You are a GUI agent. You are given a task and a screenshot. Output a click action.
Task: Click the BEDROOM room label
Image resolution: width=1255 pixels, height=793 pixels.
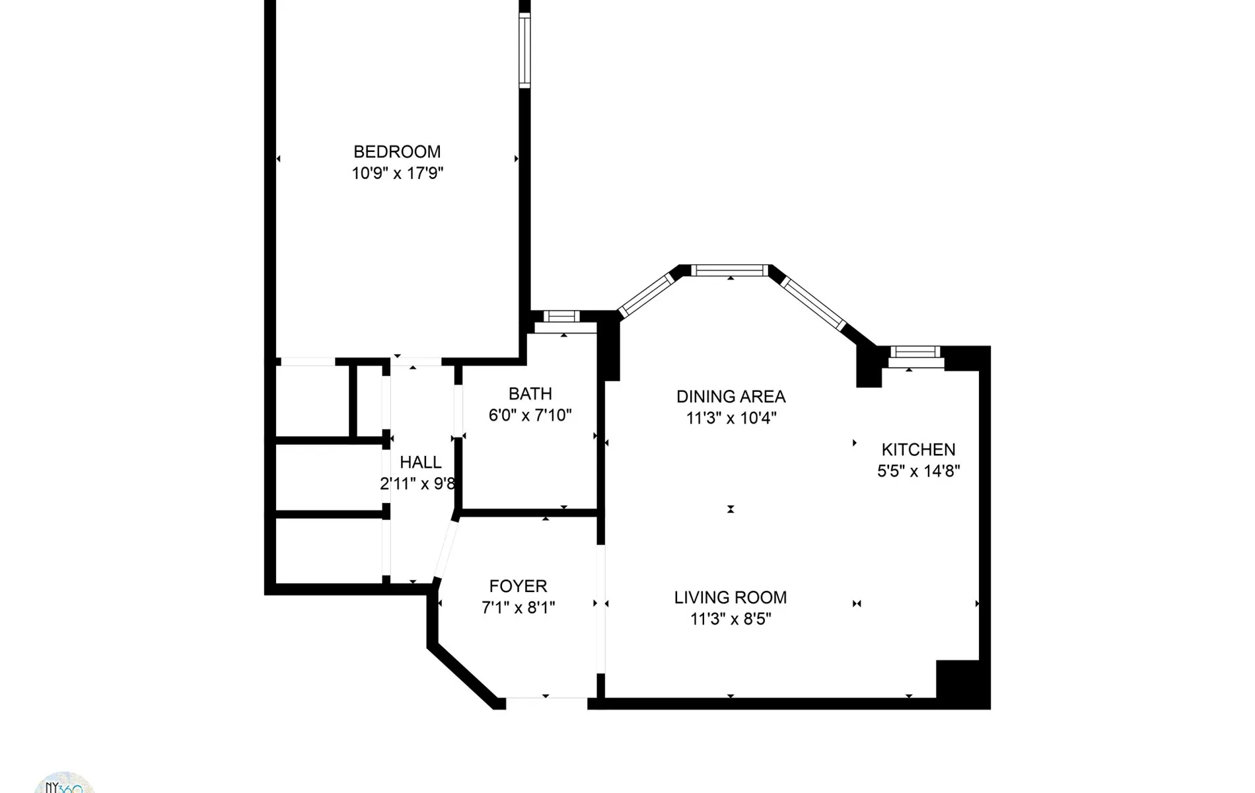[397, 152]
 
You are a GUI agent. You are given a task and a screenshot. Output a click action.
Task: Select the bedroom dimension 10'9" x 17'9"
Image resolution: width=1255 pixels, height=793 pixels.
[397, 174]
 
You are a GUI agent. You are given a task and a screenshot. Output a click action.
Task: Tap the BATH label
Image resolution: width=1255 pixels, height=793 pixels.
[530, 394]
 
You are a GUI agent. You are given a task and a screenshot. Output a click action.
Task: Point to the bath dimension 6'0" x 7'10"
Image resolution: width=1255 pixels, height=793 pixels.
[530, 416]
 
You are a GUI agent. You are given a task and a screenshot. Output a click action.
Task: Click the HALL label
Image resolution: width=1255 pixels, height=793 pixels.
[421, 463]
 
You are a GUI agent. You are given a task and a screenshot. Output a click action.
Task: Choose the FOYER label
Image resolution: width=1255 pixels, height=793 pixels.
[518, 586]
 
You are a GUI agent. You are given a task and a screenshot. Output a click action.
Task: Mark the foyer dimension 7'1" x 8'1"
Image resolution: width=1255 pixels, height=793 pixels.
[518, 608]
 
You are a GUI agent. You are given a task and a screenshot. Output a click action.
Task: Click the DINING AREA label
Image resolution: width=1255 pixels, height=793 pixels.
[731, 397]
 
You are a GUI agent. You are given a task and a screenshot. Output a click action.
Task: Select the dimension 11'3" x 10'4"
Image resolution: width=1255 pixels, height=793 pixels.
[731, 418]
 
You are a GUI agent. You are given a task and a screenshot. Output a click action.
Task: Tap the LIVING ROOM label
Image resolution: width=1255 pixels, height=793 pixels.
[731, 597]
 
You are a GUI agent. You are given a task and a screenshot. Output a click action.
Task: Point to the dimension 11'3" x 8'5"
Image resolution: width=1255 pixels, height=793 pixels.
[731, 619]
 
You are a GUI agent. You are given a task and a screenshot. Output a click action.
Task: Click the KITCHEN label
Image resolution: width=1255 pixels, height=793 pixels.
[918, 450]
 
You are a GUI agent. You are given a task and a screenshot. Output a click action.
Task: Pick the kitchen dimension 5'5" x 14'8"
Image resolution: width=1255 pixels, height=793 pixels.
[918, 471]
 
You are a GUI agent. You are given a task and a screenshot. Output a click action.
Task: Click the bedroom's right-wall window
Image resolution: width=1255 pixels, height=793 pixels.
[524, 50]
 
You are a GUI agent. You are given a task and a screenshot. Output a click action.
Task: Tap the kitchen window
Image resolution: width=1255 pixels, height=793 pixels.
[914, 352]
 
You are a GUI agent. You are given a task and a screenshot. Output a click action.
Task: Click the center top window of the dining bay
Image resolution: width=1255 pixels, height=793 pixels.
[730, 270]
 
